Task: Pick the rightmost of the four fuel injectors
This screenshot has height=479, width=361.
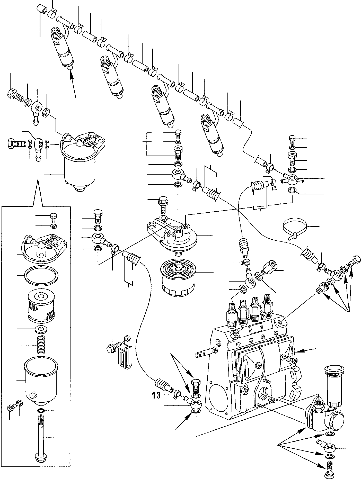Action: (x=212, y=134)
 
